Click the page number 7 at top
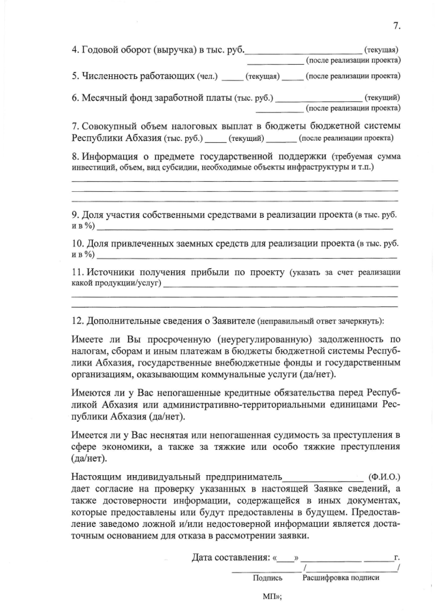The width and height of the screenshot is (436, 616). tap(396, 26)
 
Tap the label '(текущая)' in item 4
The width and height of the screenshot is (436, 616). tap(382, 50)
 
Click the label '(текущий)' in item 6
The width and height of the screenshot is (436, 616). tap(382, 97)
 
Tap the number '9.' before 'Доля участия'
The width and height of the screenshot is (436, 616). tap(76, 215)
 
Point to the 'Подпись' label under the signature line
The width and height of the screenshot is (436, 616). tap(268, 578)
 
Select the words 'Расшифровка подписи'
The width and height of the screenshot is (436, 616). tap(341, 578)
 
